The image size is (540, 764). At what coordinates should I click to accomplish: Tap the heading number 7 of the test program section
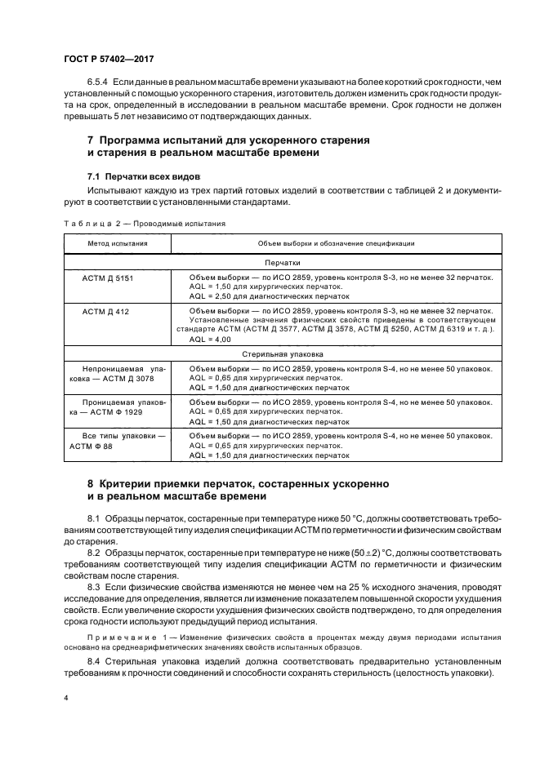point(91,140)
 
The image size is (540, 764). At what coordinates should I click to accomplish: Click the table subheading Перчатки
point(283,264)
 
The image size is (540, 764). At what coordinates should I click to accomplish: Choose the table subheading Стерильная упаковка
point(283,355)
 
